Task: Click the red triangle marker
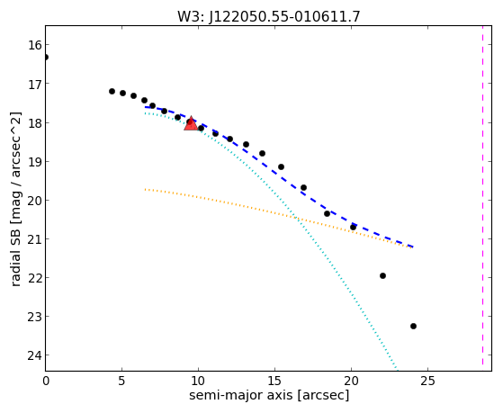tap(191, 123)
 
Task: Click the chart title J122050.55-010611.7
tap(284, 17)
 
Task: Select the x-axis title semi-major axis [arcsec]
tap(269, 395)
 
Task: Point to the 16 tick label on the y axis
tap(34, 45)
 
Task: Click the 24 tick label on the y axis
tap(34, 355)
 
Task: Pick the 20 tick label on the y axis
tap(34, 201)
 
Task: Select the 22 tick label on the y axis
tap(34, 277)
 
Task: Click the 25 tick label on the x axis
tap(427, 381)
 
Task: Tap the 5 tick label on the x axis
tap(121, 381)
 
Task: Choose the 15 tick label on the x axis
tap(274, 381)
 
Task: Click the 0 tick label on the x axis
tap(46, 381)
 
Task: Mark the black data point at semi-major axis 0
tap(46, 57)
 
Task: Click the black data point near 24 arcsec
tap(413, 326)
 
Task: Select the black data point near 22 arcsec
tap(382, 275)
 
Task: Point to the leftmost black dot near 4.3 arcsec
tap(112, 92)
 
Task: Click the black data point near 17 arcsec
tap(303, 187)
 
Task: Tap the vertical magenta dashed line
tap(482, 195)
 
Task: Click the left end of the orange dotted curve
tap(145, 189)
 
